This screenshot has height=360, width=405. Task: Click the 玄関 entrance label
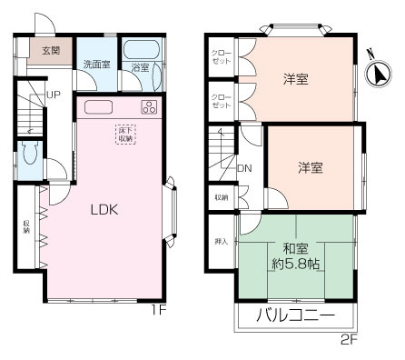click(x=50, y=50)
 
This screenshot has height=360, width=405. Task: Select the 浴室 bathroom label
click(x=139, y=67)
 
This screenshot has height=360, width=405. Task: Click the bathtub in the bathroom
click(x=140, y=50)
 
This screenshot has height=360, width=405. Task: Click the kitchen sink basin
click(x=97, y=107)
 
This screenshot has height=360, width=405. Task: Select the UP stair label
click(x=54, y=95)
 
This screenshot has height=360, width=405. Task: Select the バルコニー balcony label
click(x=294, y=317)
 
